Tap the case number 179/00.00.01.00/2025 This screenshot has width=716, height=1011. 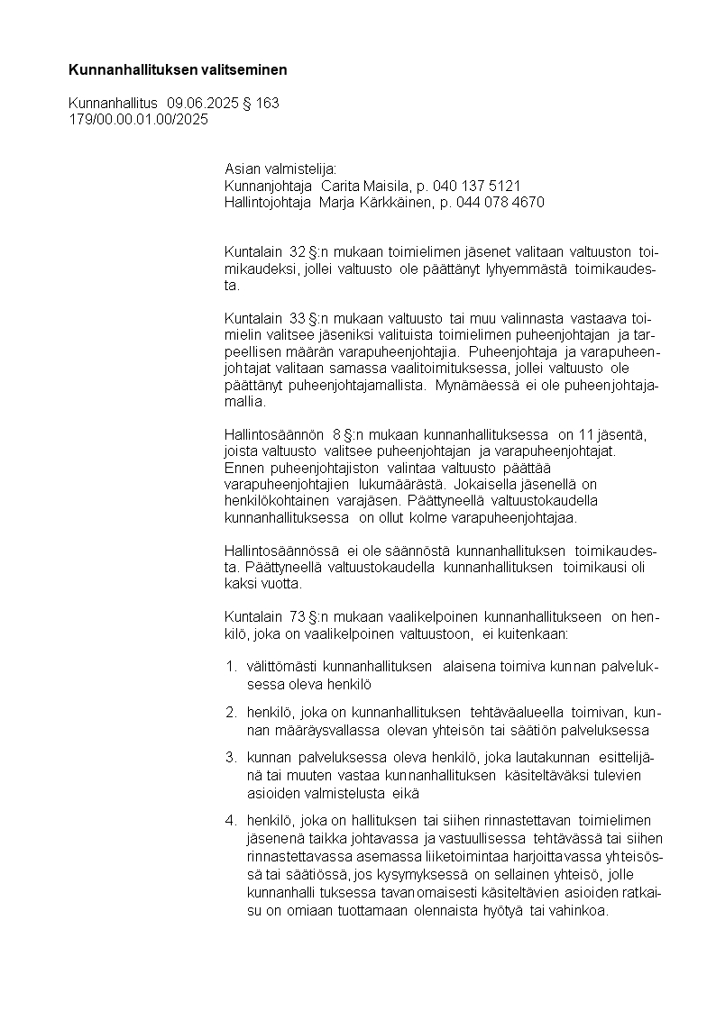(x=138, y=120)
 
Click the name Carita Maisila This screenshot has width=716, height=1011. (x=357, y=186)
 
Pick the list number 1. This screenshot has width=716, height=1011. (x=230, y=667)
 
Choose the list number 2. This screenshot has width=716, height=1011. (x=230, y=714)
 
